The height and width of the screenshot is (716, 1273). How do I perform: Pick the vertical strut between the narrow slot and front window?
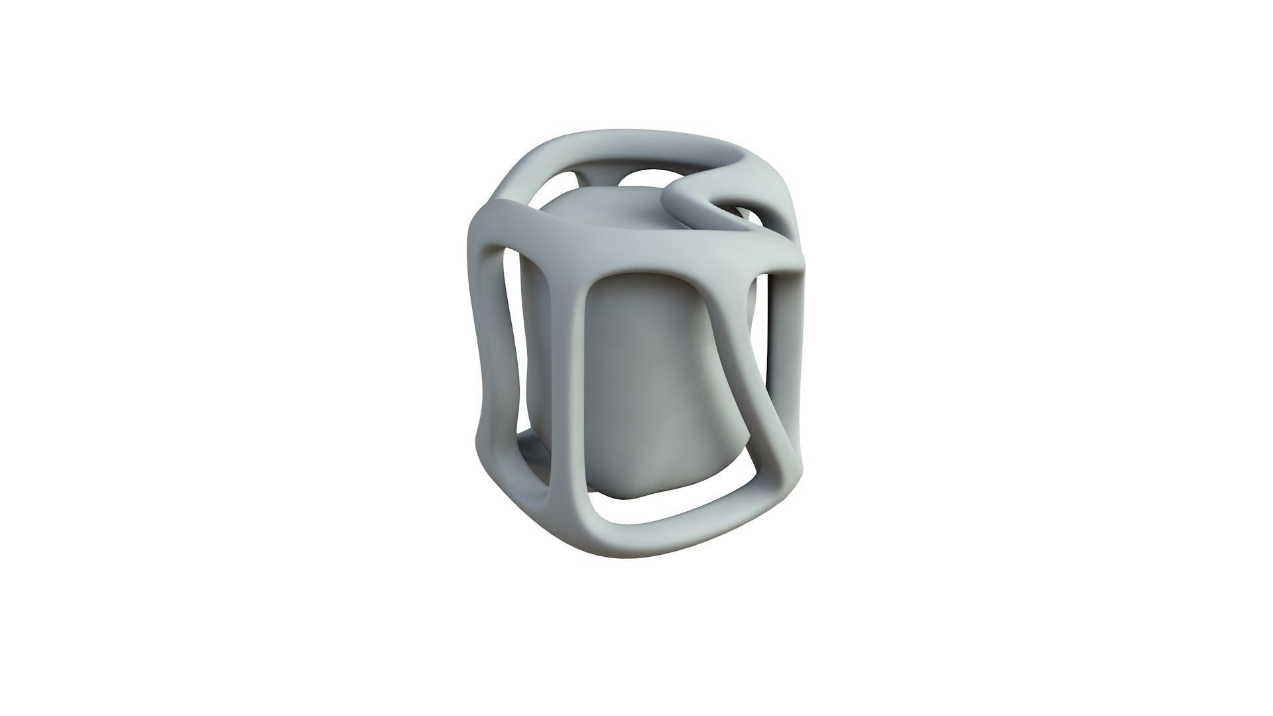[564, 398]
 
